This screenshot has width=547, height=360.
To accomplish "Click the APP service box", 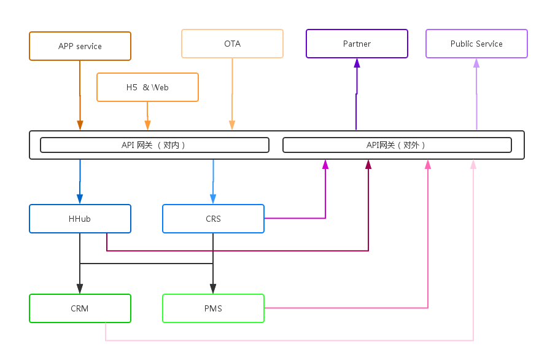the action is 80,46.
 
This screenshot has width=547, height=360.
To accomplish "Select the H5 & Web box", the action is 147,87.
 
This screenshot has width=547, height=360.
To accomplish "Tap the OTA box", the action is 232,44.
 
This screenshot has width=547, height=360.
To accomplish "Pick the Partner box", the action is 357,44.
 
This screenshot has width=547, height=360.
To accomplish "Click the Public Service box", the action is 476,44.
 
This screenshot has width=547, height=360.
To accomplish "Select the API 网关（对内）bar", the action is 155,145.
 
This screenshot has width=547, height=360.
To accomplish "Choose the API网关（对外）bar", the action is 397,145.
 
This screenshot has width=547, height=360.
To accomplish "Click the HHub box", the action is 80,219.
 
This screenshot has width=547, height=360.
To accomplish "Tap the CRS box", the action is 213,219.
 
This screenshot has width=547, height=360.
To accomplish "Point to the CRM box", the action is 80,308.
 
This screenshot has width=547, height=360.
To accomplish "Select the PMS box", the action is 213,308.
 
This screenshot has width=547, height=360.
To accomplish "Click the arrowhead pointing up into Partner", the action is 357,63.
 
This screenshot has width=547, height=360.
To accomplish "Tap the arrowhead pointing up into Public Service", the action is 476,63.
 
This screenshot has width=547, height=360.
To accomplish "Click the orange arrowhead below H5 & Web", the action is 147,125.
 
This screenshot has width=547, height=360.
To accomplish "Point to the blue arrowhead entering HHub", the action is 80,199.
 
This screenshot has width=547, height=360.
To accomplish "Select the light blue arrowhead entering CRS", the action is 213,199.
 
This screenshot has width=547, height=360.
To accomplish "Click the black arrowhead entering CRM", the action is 80,289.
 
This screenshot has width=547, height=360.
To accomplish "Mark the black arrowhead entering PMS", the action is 213,289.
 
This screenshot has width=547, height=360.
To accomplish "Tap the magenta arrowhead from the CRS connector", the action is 325,165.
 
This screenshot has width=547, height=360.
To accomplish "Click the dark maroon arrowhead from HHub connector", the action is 368,165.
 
